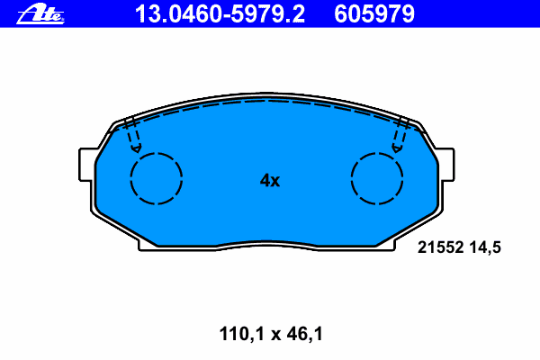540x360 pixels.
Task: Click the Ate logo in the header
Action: coord(40,14)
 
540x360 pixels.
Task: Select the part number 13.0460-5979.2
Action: coord(220,14)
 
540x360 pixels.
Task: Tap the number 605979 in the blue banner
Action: coord(374,14)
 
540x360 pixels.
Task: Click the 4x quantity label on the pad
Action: coord(270,180)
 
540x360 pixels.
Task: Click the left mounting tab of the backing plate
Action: coord(86,165)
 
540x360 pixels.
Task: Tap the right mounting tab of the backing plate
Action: coord(446,165)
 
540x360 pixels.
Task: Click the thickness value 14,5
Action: coord(485,247)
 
